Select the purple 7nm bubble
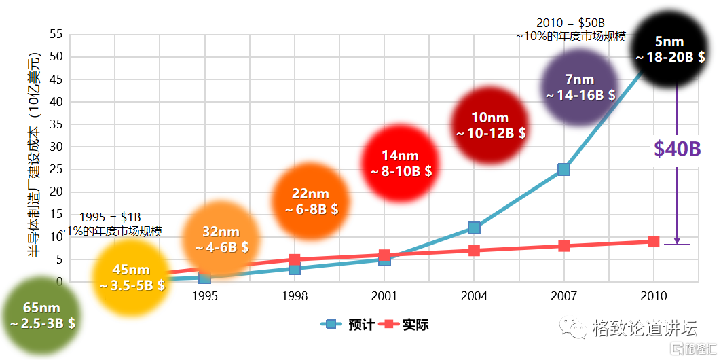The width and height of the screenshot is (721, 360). (x=580, y=88)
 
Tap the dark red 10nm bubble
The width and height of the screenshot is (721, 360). (x=490, y=125)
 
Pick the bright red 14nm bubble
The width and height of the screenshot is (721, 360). (x=401, y=163)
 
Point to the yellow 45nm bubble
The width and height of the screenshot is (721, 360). (x=132, y=277)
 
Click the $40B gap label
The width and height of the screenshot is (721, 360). (x=677, y=149)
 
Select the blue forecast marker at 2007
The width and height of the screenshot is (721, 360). (x=563, y=169)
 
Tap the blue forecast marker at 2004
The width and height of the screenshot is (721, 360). (x=474, y=228)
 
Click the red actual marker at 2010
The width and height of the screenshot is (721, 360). (x=653, y=241)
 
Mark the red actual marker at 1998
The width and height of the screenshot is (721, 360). (x=295, y=259)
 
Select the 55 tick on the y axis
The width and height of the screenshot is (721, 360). (x=56, y=34)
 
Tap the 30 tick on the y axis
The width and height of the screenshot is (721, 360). (x=56, y=147)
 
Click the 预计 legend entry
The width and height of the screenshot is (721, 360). (x=347, y=325)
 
